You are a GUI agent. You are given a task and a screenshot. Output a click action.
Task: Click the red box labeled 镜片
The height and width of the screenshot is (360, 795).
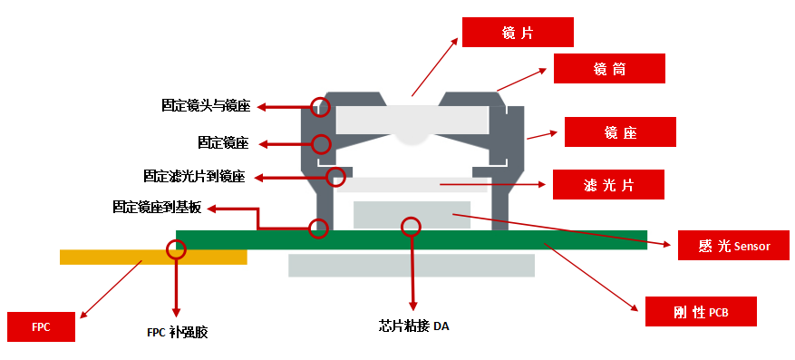[518, 33]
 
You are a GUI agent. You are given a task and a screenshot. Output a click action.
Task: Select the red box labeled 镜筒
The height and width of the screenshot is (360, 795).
[609, 69]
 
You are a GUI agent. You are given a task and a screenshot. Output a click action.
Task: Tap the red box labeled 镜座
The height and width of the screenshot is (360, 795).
[620, 132]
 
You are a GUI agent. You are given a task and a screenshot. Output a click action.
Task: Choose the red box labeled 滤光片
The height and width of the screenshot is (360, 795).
[608, 185]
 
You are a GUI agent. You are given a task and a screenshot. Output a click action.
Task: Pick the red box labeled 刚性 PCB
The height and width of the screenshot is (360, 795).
[701, 312]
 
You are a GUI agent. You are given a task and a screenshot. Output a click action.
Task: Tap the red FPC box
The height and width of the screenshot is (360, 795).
[40, 327]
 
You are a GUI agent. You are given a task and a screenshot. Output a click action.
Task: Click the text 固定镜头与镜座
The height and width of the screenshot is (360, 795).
[206, 106]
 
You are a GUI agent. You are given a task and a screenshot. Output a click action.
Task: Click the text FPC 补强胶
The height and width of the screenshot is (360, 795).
[178, 332]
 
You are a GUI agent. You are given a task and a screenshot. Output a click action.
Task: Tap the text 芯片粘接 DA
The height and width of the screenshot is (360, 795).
[413, 326]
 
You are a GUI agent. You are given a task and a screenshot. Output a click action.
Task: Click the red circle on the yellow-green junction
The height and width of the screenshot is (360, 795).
[177, 248]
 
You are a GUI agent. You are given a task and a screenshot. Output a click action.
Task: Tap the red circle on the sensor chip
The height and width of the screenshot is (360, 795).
[412, 225]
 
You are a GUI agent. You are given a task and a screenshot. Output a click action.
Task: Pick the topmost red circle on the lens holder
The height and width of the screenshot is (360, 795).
[319, 107]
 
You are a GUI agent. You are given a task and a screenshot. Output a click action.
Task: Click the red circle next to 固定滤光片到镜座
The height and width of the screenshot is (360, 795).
[336, 177]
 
